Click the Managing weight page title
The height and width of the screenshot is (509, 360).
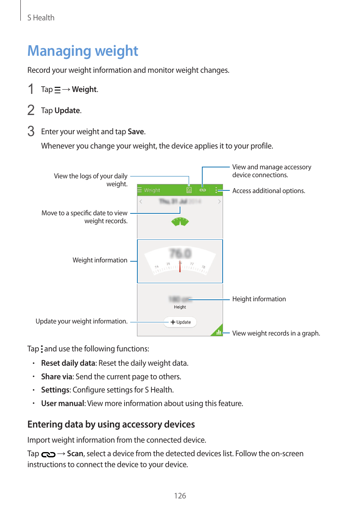[83, 51]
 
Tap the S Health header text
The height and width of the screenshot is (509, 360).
[41, 18]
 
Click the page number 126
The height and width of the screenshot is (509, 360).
[180, 496]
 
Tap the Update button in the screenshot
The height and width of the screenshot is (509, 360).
[180, 322]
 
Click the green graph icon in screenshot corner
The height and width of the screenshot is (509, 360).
[218, 332]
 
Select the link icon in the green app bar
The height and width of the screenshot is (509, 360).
[203, 190]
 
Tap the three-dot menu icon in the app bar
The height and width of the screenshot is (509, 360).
[216, 190]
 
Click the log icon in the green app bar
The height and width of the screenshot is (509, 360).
[189, 190]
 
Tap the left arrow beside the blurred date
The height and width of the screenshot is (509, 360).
[141, 201]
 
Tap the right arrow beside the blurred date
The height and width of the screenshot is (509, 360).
[219, 201]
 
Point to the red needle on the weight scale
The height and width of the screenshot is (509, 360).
[180, 266]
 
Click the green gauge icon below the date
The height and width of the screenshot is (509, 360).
[180, 222]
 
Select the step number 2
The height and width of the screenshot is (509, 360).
[31, 110]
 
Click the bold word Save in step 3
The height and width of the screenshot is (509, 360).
[136, 132]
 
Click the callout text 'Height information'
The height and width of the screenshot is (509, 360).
[259, 299]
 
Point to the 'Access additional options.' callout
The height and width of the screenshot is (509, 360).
[268, 191]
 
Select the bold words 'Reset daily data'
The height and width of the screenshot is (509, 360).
[68, 363]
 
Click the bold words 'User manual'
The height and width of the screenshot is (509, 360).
[63, 403]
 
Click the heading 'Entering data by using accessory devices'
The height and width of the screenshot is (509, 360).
[111, 425]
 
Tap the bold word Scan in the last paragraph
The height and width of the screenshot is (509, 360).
[75, 454]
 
